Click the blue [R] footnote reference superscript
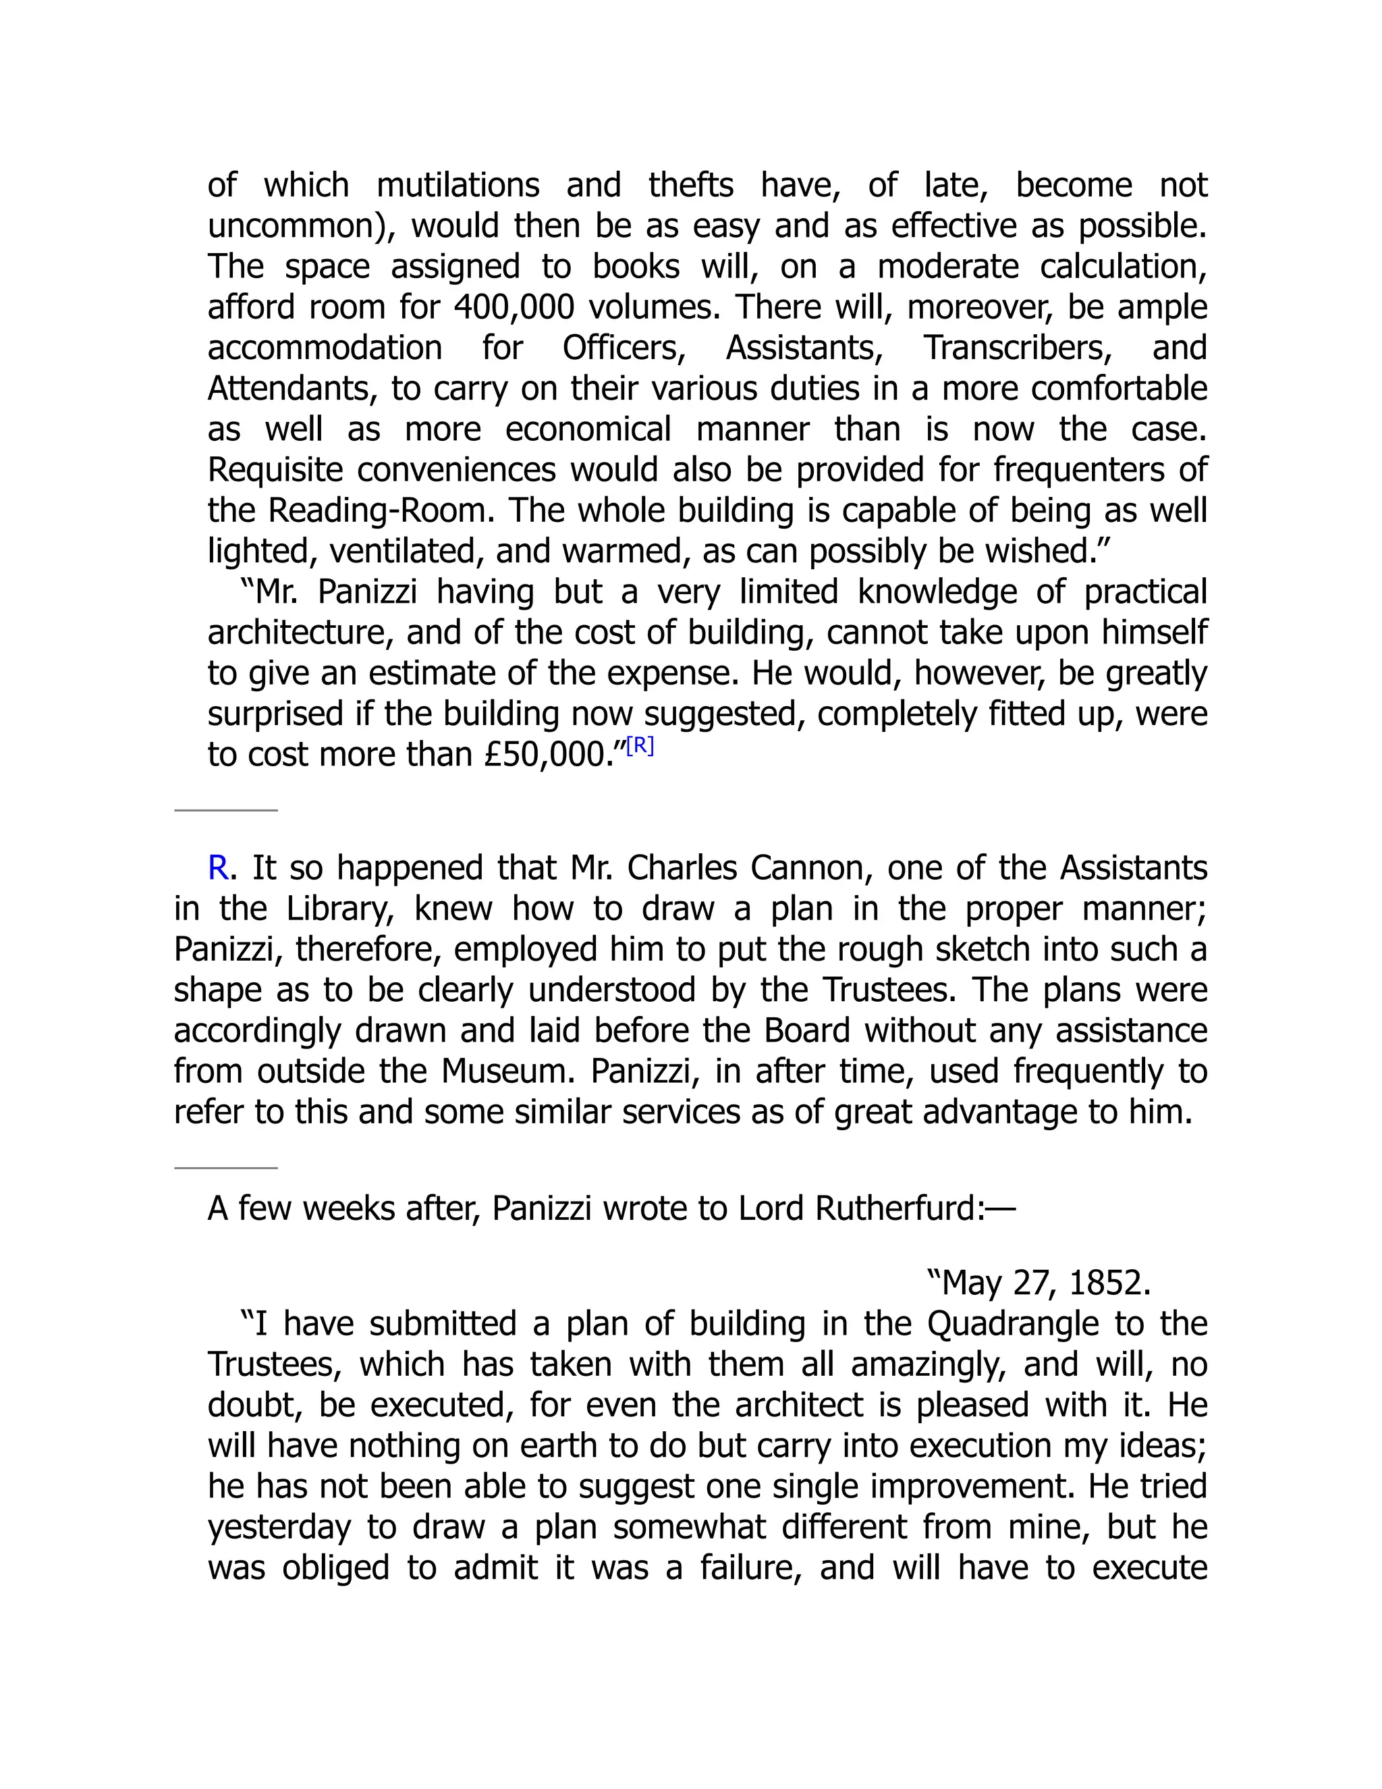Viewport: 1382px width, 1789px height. point(640,746)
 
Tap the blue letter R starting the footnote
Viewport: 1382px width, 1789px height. point(218,868)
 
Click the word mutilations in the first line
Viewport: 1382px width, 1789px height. point(458,185)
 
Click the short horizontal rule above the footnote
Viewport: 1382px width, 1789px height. point(226,810)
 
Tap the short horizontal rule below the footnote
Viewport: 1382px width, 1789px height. point(226,1168)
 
